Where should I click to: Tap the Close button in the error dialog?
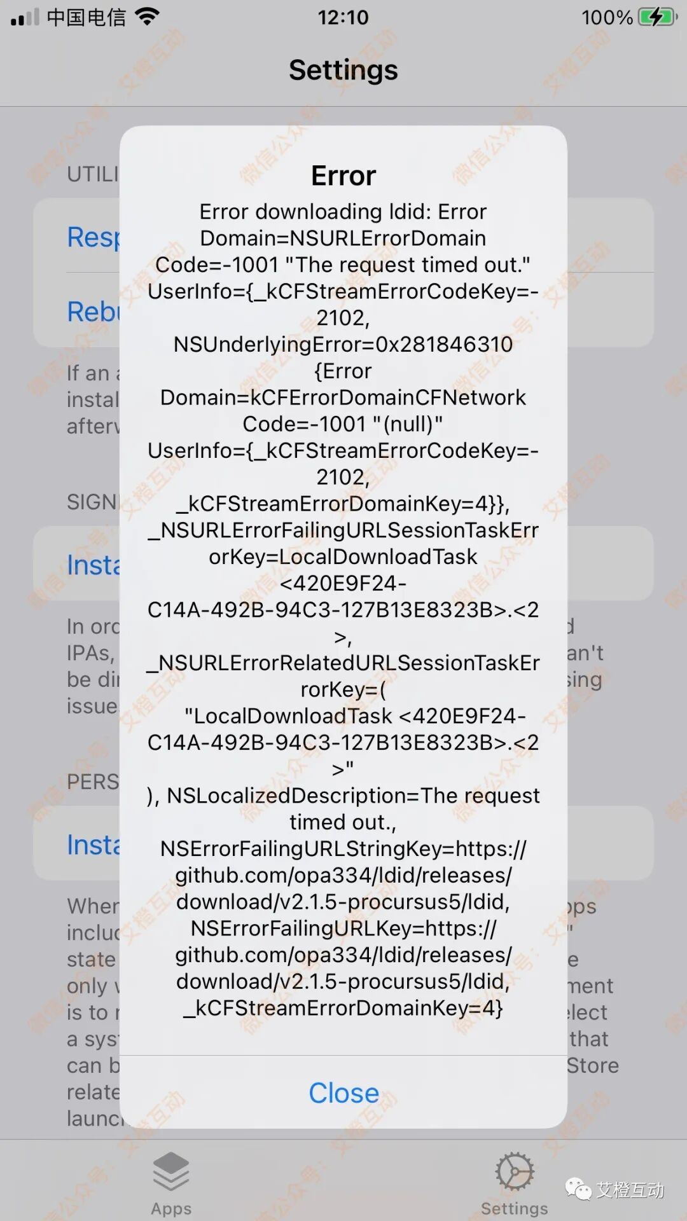343,1093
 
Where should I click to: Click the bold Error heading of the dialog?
343,176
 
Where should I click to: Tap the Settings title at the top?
343,70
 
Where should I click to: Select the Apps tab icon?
171,1171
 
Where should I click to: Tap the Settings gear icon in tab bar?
514,1171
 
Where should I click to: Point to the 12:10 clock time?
343,17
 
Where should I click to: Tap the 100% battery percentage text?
607,17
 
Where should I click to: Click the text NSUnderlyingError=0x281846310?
343,344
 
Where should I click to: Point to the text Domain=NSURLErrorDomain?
343,238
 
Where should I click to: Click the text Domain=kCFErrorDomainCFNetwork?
343,397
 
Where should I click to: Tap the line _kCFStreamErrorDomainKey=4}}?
343,504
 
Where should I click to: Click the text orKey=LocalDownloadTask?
343,556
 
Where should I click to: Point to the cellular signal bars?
25,17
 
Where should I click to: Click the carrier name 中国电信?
87,17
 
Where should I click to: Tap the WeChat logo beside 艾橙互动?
578,1189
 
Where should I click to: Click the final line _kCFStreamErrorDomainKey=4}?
343,1008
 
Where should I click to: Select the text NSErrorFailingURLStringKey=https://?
343,848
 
